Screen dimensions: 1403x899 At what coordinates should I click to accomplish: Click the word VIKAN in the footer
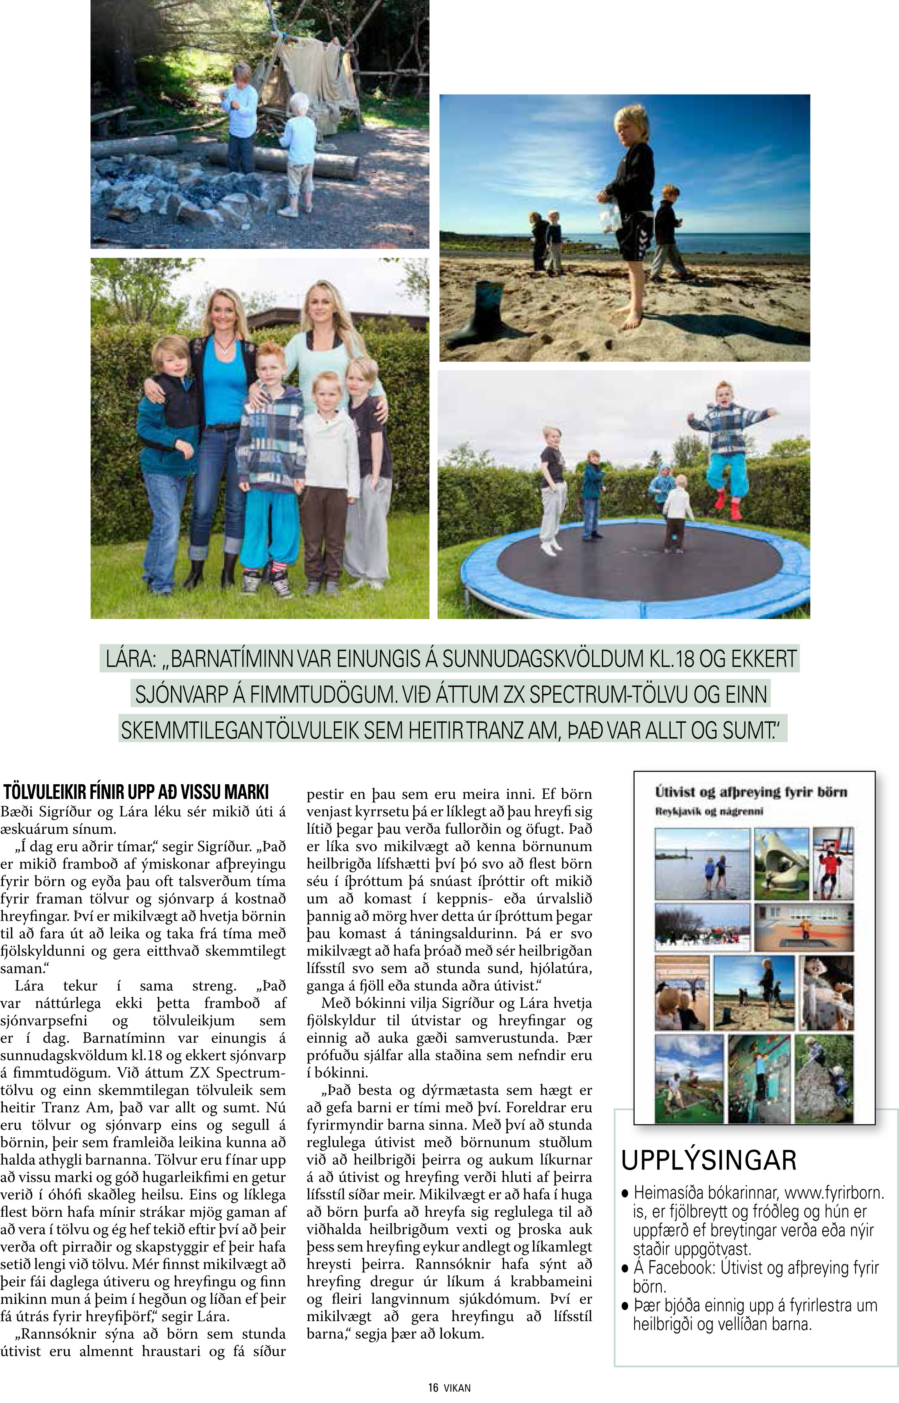tap(457, 1388)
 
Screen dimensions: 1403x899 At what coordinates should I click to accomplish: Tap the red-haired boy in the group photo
tap(271, 456)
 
